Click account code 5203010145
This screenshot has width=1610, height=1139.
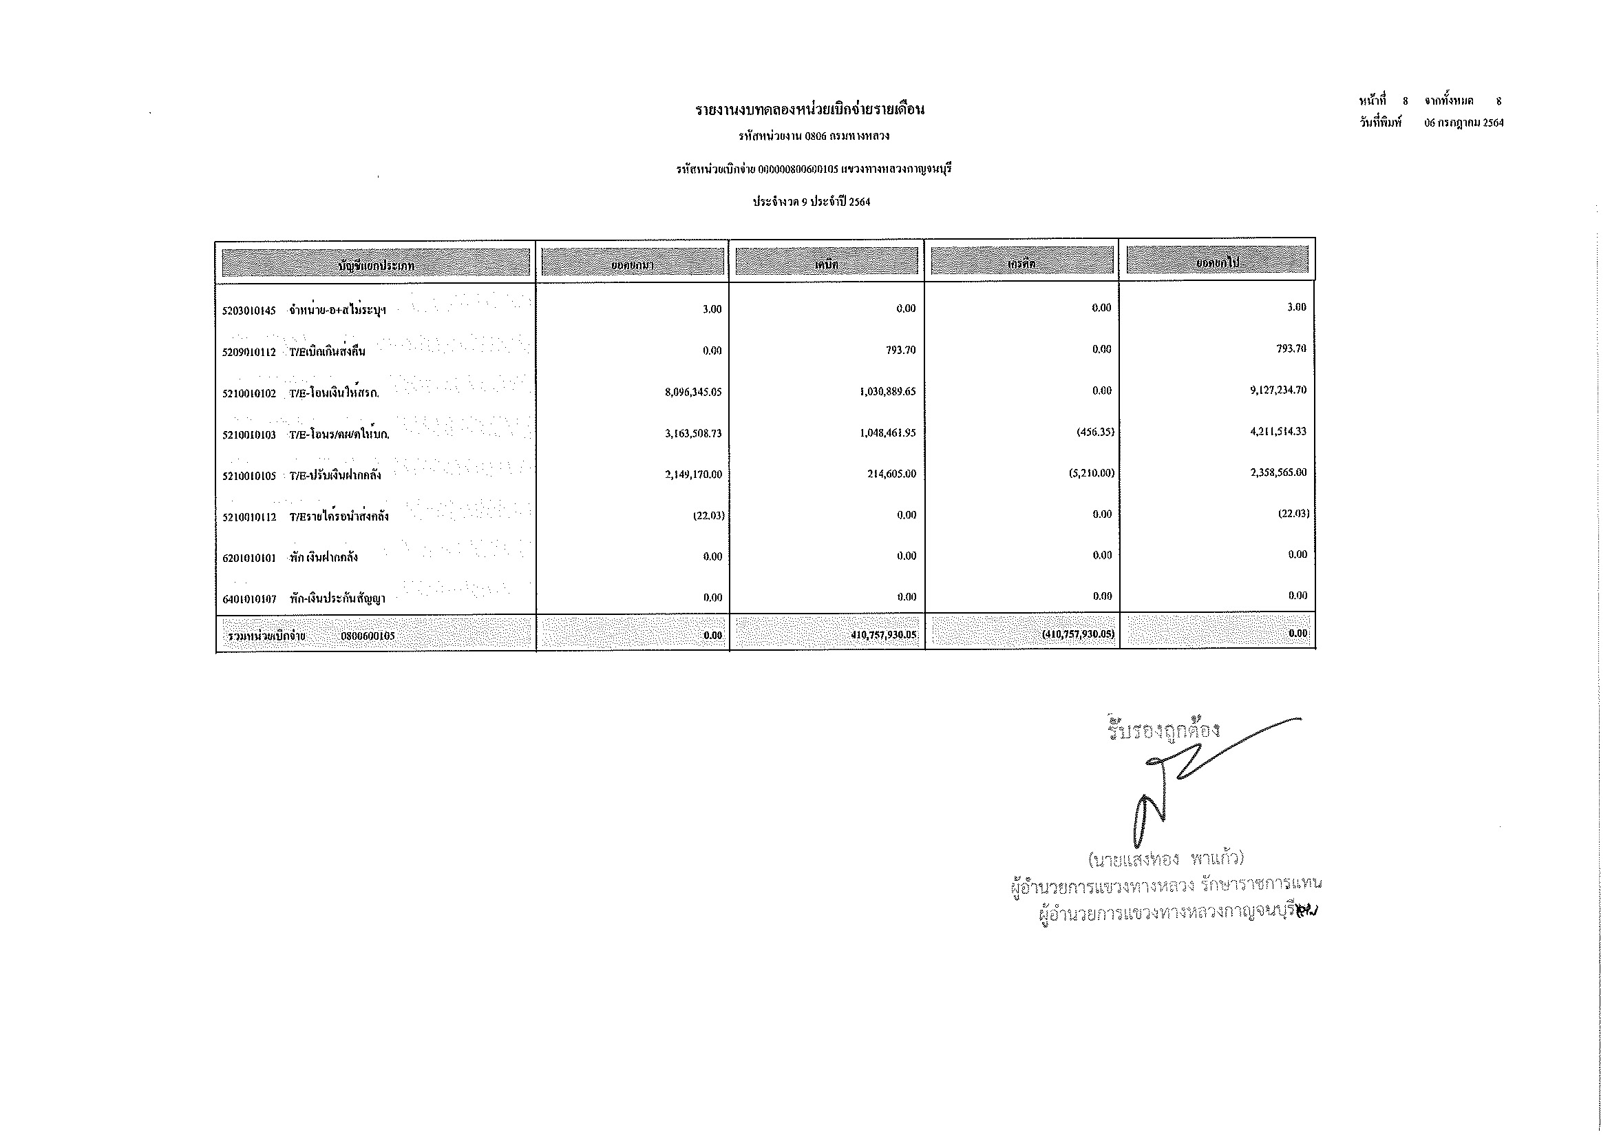pyautogui.click(x=249, y=311)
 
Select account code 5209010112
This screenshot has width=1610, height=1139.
pyautogui.click(x=249, y=352)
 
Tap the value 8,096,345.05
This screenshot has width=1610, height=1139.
pyautogui.click(x=693, y=392)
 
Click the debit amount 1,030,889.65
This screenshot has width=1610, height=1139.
pyautogui.click(x=887, y=391)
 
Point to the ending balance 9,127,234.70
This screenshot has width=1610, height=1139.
pyautogui.click(x=1278, y=390)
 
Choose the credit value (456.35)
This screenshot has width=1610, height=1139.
pyautogui.click(x=1094, y=432)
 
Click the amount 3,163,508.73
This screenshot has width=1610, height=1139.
pyautogui.click(x=693, y=433)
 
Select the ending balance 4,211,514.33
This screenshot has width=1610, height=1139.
pyautogui.click(x=1278, y=431)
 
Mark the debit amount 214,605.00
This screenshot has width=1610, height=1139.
pyautogui.click(x=891, y=474)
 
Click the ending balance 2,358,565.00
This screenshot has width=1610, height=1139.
pyautogui.click(x=1278, y=472)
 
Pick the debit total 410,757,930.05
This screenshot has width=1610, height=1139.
pyautogui.click(x=883, y=636)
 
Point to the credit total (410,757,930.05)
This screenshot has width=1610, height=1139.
pyautogui.click(x=1078, y=635)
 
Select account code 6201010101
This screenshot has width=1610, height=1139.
pyautogui.click(x=249, y=558)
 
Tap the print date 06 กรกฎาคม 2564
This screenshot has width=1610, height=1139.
pyautogui.click(x=1463, y=123)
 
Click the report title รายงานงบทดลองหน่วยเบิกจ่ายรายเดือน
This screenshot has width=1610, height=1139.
pyautogui.click(x=810, y=110)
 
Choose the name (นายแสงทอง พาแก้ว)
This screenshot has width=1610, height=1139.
pyautogui.click(x=1165, y=859)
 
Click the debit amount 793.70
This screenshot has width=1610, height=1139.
pyautogui.click(x=900, y=350)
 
